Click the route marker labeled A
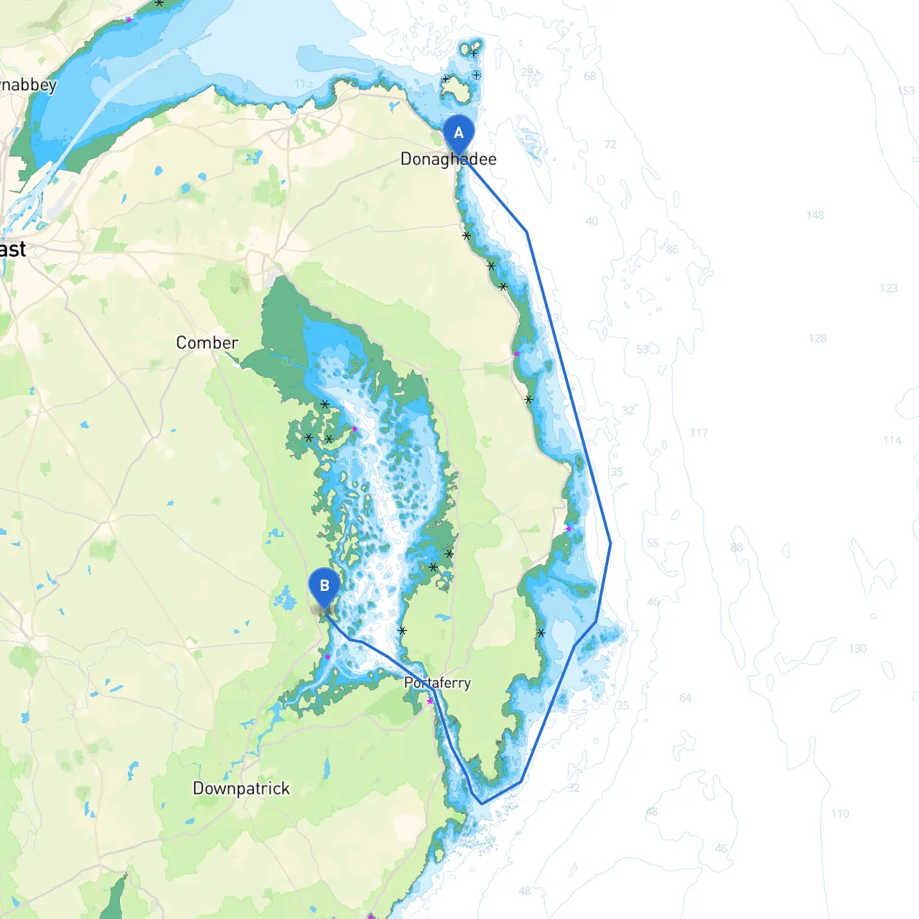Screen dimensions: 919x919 459,134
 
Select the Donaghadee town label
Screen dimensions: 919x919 448,159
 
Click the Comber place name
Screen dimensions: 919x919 207,342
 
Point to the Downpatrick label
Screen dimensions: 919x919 241,788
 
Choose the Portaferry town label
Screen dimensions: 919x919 437,683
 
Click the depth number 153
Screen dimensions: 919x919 906,91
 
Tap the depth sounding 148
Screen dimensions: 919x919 815,215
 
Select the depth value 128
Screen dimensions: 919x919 818,338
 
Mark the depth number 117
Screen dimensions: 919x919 699,433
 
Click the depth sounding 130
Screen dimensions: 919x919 857,648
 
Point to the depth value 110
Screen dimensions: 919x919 840,813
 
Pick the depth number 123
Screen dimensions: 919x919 889,288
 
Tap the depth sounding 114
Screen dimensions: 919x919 892,440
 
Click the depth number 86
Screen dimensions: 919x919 672,249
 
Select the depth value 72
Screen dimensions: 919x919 610,144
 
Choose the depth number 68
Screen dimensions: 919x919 589,76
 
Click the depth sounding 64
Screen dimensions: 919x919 686,697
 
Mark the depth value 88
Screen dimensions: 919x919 737,547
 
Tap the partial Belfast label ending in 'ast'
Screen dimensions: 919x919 13,249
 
